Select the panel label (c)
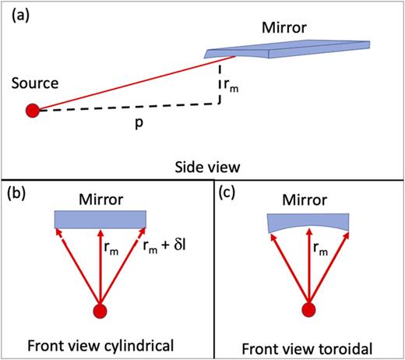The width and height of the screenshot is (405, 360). click(x=232, y=194)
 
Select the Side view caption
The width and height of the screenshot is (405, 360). click(x=202, y=167)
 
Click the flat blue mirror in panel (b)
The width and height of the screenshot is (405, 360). click(x=100, y=218)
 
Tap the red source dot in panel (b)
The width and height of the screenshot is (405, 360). click(x=100, y=312)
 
